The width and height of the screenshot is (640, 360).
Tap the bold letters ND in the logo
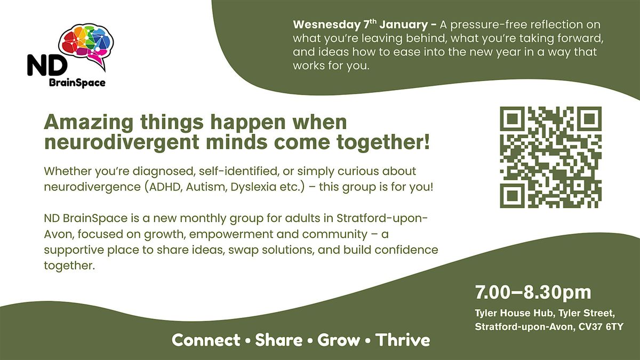tap(47, 66)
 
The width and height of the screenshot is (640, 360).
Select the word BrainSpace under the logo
tap(77, 83)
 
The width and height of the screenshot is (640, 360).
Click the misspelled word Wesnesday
tap(326, 25)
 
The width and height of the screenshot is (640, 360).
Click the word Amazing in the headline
tap(89, 123)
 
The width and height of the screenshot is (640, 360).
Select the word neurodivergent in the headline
tap(122, 142)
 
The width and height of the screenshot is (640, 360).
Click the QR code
tap(550, 157)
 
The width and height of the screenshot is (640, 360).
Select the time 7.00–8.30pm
tap(533, 293)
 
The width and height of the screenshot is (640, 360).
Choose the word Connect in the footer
tap(206, 340)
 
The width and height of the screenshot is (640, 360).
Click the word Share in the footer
tap(278, 340)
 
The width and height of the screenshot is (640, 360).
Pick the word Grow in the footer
tap(338, 340)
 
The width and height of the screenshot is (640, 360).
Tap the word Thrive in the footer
tap(403, 340)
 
